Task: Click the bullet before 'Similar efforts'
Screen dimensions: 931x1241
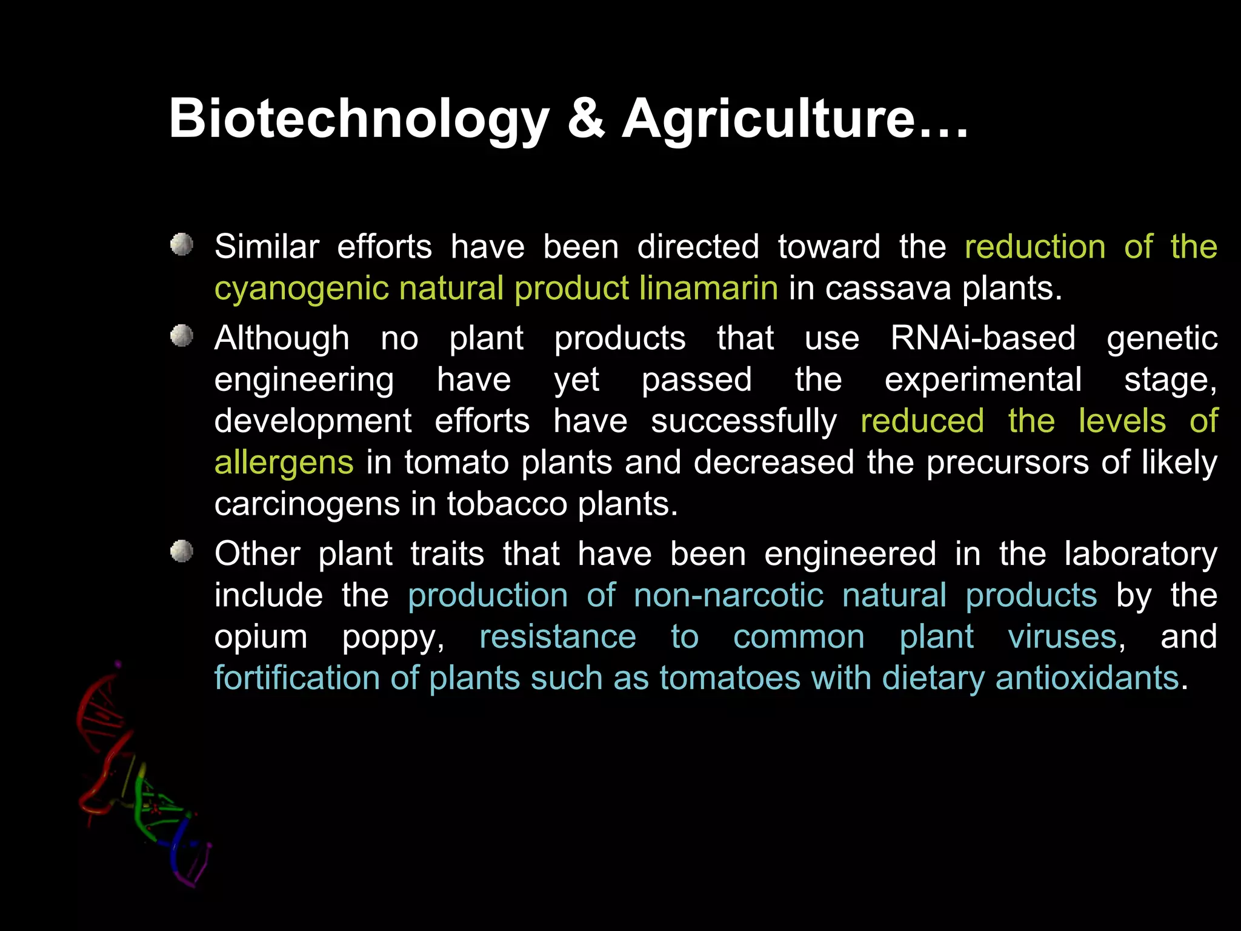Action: tap(181, 245)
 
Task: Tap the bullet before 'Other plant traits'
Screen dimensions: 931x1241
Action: tap(181, 552)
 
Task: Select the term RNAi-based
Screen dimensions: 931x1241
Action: tap(983, 338)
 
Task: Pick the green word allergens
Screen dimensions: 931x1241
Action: tap(284, 462)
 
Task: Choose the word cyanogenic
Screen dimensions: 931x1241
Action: tap(301, 289)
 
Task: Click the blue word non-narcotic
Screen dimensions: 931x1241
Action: tap(728, 595)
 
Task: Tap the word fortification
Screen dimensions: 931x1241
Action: tap(297, 678)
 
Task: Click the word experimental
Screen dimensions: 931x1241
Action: tap(983, 380)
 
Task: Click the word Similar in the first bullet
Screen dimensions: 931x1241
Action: tap(267, 247)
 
